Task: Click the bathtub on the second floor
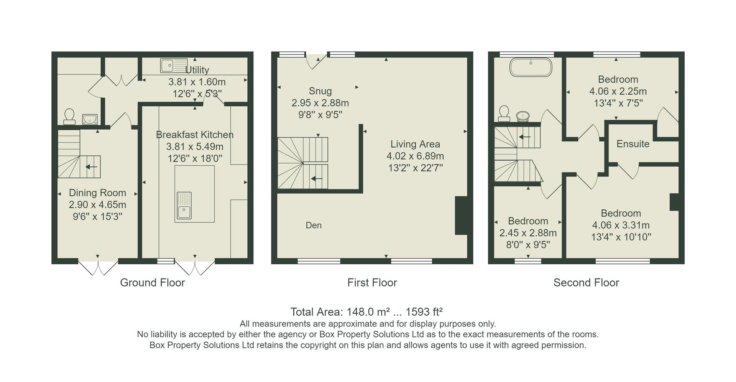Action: pos(531,68)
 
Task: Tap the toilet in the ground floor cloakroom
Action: pos(69,116)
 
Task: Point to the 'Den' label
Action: pos(314,226)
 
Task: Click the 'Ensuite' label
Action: pos(633,144)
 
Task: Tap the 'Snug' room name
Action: pos(320,91)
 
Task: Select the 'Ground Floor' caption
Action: pos(152,283)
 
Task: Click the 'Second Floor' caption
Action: pos(586,283)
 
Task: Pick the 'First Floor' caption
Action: pos(372,283)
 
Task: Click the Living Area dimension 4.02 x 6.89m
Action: pos(415,156)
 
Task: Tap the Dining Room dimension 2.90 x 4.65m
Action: pos(97,205)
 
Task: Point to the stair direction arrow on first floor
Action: pos(317,178)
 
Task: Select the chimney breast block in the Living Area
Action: pos(461,215)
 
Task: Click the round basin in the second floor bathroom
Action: pos(522,115)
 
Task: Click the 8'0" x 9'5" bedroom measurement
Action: pos(528,245)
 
